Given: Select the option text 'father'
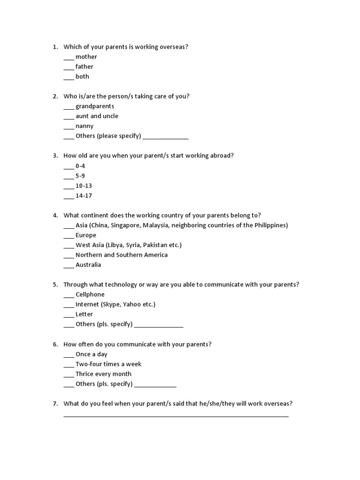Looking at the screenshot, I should (84, 67).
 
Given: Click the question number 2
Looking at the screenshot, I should (55, 96).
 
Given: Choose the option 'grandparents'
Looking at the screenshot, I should (95, 106).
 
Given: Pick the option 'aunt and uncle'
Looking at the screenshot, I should (97, 116).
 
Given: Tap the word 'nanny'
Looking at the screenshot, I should (84, 126).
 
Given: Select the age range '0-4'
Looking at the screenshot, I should (80, 166).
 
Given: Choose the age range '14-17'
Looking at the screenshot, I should (84, 195).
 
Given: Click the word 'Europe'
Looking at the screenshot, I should (86, 235).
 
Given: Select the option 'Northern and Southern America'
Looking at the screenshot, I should (121, 255).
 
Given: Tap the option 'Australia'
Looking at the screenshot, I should (88, 264).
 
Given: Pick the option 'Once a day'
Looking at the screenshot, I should (91, 354).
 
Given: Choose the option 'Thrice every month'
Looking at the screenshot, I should (103, 374).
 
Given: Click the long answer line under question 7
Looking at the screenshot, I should (176, 415).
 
